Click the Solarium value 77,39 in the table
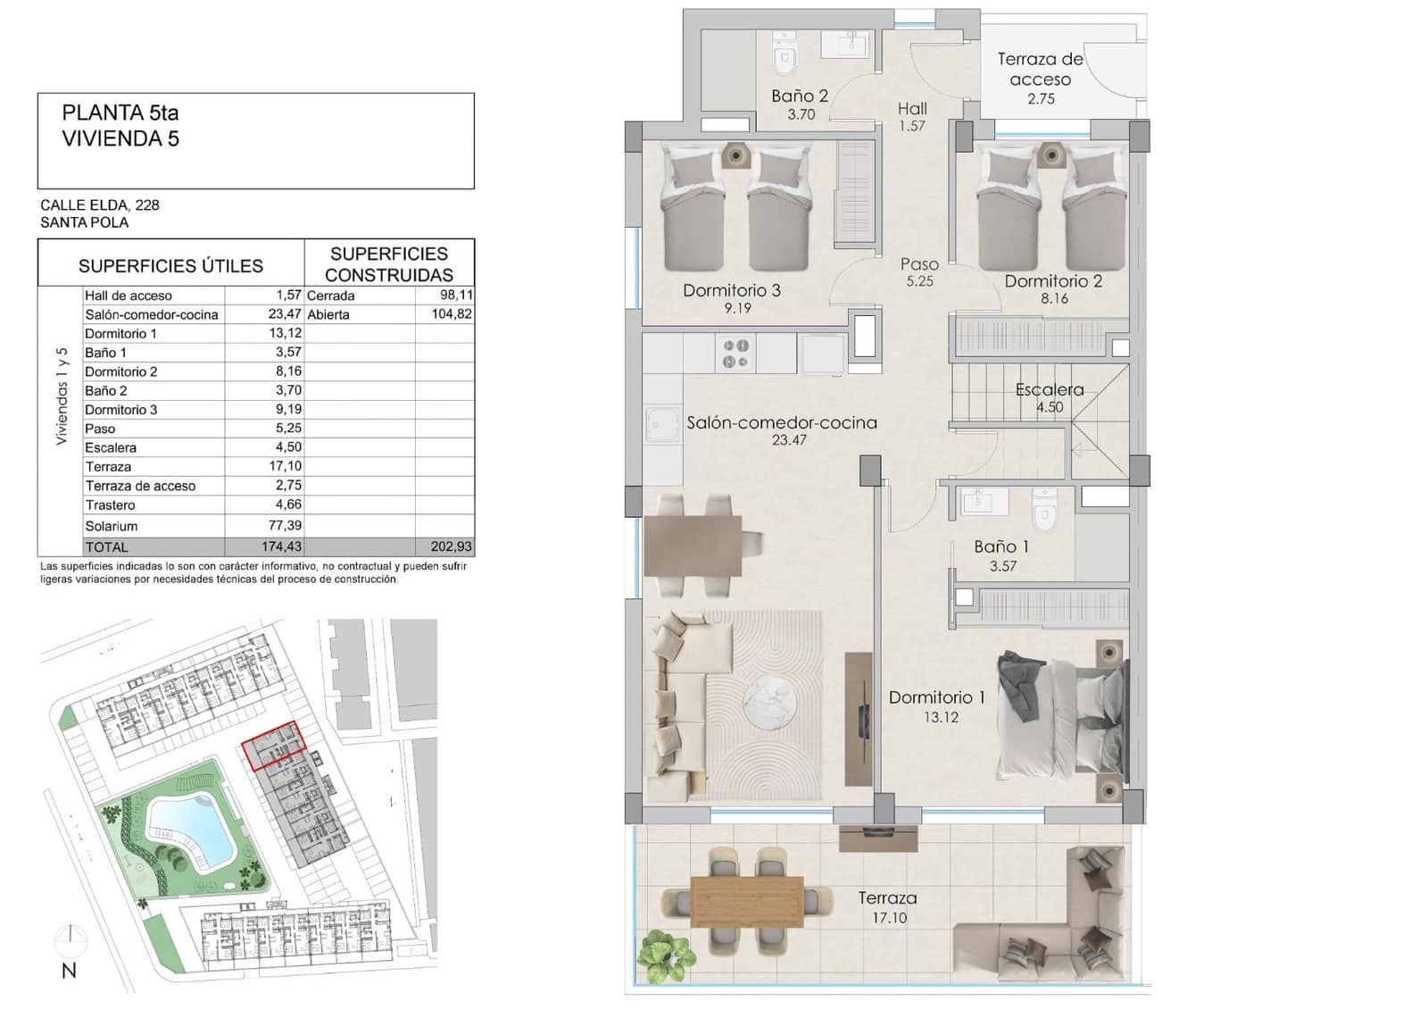coord(285,526)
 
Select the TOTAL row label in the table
coord(106,546)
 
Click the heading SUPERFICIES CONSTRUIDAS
coord(389,264)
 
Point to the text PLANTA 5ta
coord(120,113)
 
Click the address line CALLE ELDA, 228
coord(100,204)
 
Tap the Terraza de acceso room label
coord(1040,70)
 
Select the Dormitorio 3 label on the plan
coord(732,290)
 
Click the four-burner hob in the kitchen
coord(736,354)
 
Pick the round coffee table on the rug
coord(768,699)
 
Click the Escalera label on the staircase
coord(1050,390)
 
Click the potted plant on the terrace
coord(665,953)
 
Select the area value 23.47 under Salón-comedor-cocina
coord(789,439)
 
